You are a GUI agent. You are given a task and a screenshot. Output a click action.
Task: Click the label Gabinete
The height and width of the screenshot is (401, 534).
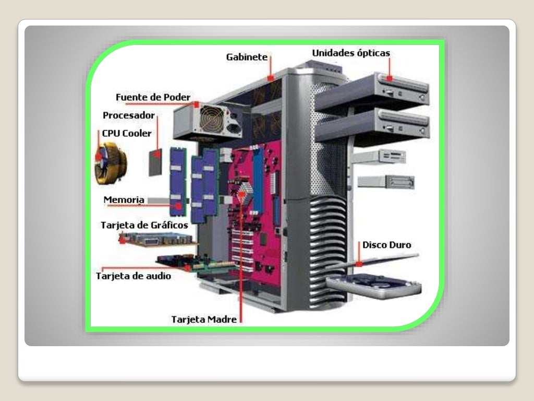tap(247, 56)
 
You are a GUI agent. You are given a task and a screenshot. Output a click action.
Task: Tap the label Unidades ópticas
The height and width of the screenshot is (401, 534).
tap(350, 53)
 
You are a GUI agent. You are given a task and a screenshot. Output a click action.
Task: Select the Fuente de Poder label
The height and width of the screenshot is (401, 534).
tap(152, 97)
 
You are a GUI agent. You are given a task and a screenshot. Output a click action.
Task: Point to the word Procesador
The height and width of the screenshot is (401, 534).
tap(128, 115)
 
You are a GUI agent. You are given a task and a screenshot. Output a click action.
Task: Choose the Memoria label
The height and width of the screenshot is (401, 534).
tap(124, 199)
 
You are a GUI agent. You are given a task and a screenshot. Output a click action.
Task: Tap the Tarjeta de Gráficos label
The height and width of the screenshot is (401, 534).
tap(144, 226)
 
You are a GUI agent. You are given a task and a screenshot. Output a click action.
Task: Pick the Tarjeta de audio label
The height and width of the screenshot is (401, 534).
tap(133, 276)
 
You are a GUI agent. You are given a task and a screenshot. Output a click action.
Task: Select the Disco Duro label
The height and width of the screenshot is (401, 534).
tap(386, 244)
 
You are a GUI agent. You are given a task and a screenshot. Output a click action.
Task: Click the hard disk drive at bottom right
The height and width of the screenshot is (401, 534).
tap(374, 286)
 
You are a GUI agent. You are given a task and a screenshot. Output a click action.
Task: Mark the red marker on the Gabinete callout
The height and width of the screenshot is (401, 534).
tap(270, 78)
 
